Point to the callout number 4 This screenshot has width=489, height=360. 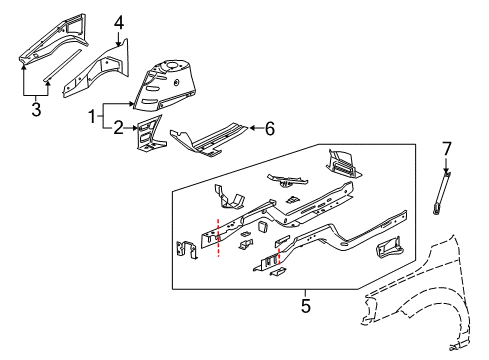pos(119,22)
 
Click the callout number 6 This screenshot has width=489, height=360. pos(268,127)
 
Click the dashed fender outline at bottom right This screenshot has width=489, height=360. pos(420,300)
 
